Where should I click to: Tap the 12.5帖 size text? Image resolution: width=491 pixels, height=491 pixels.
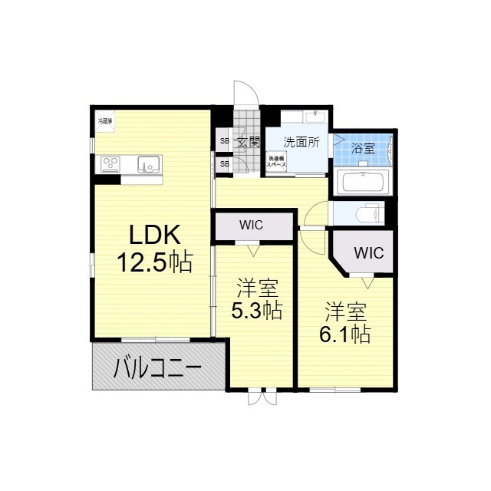(x=153, y=263)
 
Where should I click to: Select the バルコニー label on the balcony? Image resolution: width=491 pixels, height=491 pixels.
(x=158, y=370)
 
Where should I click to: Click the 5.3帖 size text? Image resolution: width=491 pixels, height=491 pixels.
(x=257, y=310)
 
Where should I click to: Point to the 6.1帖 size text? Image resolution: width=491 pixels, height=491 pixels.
(x=345, y=334)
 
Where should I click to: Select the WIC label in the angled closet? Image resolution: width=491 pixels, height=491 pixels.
(x=368, y=252)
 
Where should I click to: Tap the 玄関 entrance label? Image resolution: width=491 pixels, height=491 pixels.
(x=248, y=142)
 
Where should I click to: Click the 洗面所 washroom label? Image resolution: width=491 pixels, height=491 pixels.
(x=301, y=142)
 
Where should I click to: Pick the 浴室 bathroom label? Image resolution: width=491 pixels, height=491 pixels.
(x=363, y=148)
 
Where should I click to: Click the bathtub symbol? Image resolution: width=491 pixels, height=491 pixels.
(x=364, y=183)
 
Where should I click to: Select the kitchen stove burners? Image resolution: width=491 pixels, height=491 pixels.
(x=110, y=163)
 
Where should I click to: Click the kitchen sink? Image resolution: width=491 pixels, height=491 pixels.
(x=148, y=163)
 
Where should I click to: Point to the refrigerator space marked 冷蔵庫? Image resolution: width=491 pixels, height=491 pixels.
(x=104, y=121)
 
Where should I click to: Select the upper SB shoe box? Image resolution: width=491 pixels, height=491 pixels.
(x=224, y=141)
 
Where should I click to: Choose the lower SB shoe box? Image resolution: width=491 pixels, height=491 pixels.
(x=224, y=163)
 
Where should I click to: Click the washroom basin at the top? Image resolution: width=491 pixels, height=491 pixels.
(x=312, y=116)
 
